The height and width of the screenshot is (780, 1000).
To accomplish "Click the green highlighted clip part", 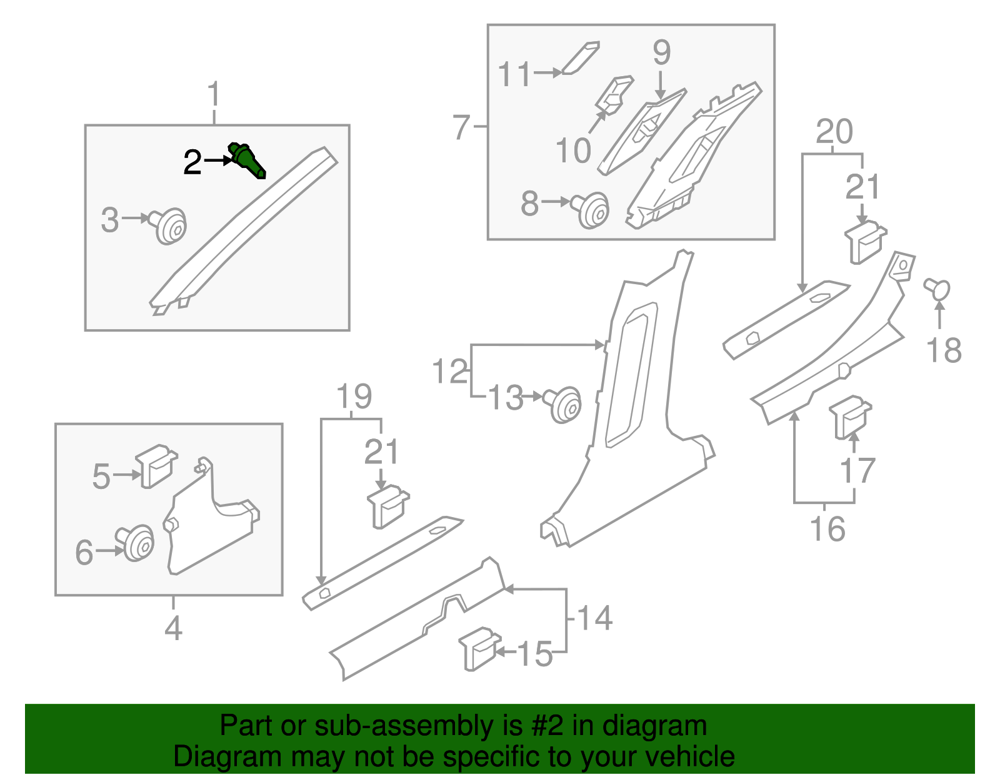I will point(247,160).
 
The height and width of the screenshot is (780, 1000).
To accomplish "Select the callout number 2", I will point(192,162).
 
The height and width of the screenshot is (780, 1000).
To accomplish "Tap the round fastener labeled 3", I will point(170,226).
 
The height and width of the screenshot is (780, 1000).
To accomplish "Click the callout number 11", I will point(514,75).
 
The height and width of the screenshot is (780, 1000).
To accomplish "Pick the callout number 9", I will point(661,52).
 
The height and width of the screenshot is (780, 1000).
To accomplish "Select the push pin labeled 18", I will point(937,289).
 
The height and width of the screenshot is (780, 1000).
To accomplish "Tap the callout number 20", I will point(834,132).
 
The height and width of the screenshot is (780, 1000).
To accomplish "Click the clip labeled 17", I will point(849,417).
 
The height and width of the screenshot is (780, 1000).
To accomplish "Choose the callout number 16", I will point(827,529).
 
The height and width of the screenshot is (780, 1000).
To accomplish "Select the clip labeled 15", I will point(479,648).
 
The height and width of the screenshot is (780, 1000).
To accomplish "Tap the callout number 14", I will point(594,618).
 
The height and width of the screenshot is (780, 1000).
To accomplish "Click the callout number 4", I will point(173,628).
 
